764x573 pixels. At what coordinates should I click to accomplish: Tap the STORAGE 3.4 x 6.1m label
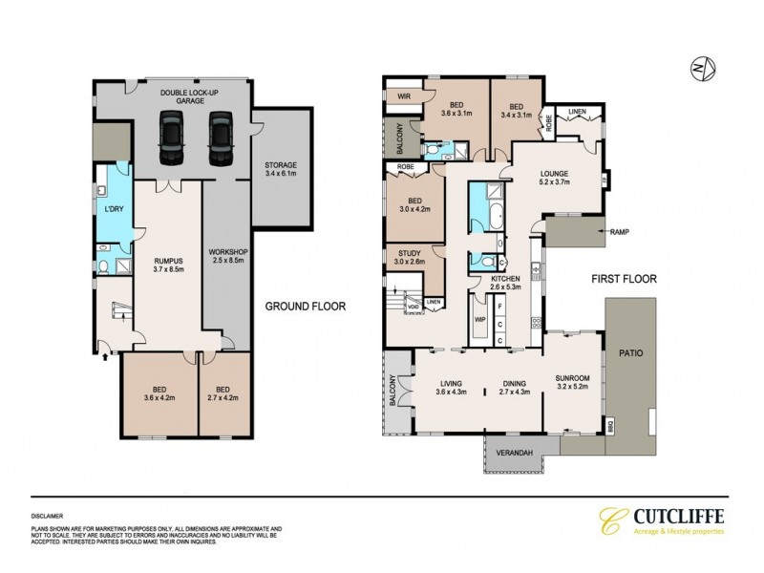tap(280, 169)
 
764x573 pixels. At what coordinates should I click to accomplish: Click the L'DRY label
tap(114, 208)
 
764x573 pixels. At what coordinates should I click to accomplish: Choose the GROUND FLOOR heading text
tap(306, 307)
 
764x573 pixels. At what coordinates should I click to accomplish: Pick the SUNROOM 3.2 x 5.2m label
tap(573, 384)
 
